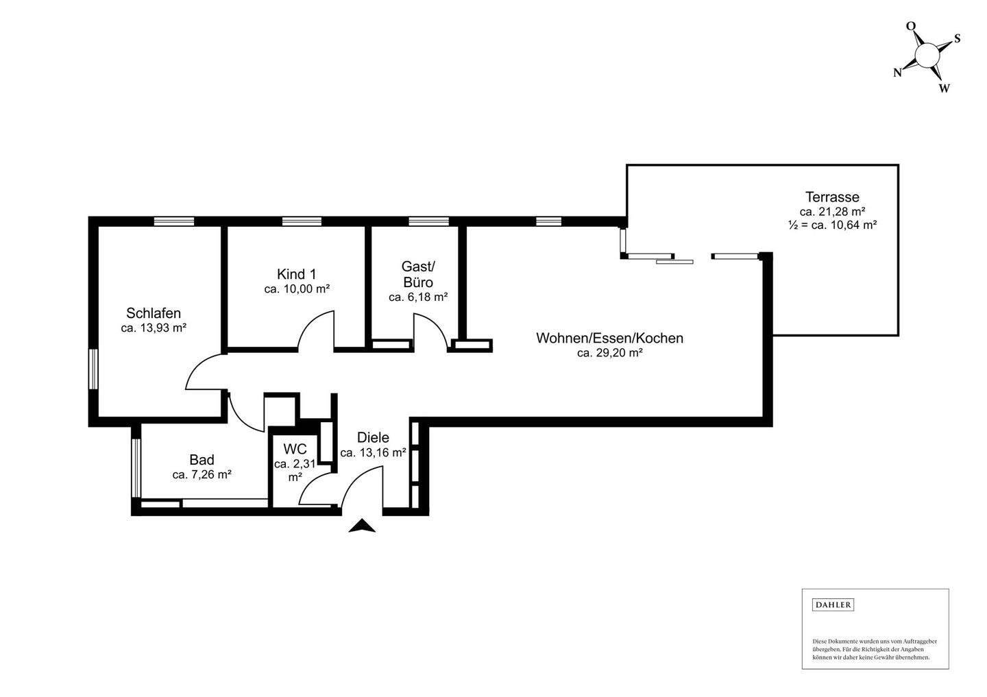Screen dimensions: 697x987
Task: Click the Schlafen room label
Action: [154, 313]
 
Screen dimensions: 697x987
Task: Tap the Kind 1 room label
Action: [297, 273]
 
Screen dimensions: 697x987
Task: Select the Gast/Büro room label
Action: [418, 274]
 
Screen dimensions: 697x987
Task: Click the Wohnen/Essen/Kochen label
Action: [609, 338]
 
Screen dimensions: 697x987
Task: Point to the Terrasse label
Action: [832, 197]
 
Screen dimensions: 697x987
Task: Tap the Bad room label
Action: [202, 460]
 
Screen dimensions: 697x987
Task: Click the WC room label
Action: [295, 449]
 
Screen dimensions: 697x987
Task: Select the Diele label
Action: [373, 437]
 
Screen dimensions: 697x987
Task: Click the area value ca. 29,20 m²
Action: [609, 354]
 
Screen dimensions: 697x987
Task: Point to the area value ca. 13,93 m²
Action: [154, 328]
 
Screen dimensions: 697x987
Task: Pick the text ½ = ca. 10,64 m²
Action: [832, 225]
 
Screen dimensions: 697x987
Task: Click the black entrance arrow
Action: [363, 526]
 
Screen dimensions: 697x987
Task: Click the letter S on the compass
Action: [957, 38]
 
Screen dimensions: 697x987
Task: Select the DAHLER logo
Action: [833, 604]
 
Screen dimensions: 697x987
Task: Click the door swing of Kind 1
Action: [317, 330]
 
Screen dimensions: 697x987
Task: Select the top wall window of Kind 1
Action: [302, 221]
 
